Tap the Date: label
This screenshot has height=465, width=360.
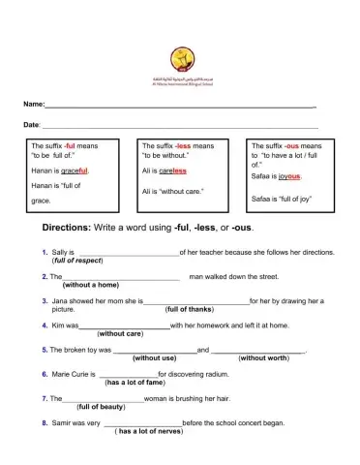point(32,125)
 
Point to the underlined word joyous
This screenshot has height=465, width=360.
point(289,176)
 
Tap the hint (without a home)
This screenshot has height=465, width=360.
point(90,286)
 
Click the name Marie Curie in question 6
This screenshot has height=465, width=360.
point(74,373)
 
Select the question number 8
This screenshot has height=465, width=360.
point(45,422)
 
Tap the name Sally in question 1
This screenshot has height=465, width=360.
point(61,252)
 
